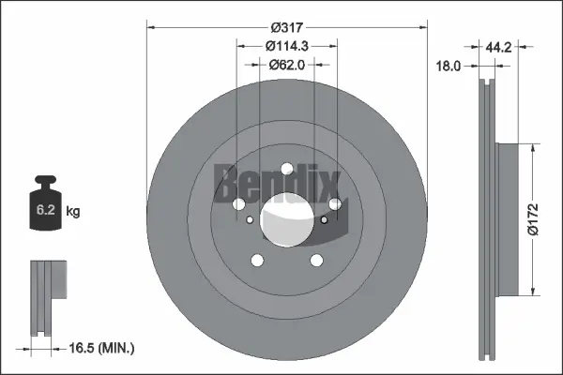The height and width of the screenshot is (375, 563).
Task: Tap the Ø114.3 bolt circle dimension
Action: pos(287,46)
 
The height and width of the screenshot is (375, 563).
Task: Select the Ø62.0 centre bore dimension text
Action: pos(287,65)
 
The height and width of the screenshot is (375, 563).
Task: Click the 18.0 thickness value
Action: pos(449,66)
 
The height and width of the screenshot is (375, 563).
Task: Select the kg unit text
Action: pos(73,212)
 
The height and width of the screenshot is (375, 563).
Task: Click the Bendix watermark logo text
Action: pos(277,180)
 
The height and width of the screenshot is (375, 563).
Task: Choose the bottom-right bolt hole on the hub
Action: pos(316,261)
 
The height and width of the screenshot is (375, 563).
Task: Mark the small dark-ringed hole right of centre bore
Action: pos(324,220)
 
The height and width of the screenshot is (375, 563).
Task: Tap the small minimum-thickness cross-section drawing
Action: pos(46,298)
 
